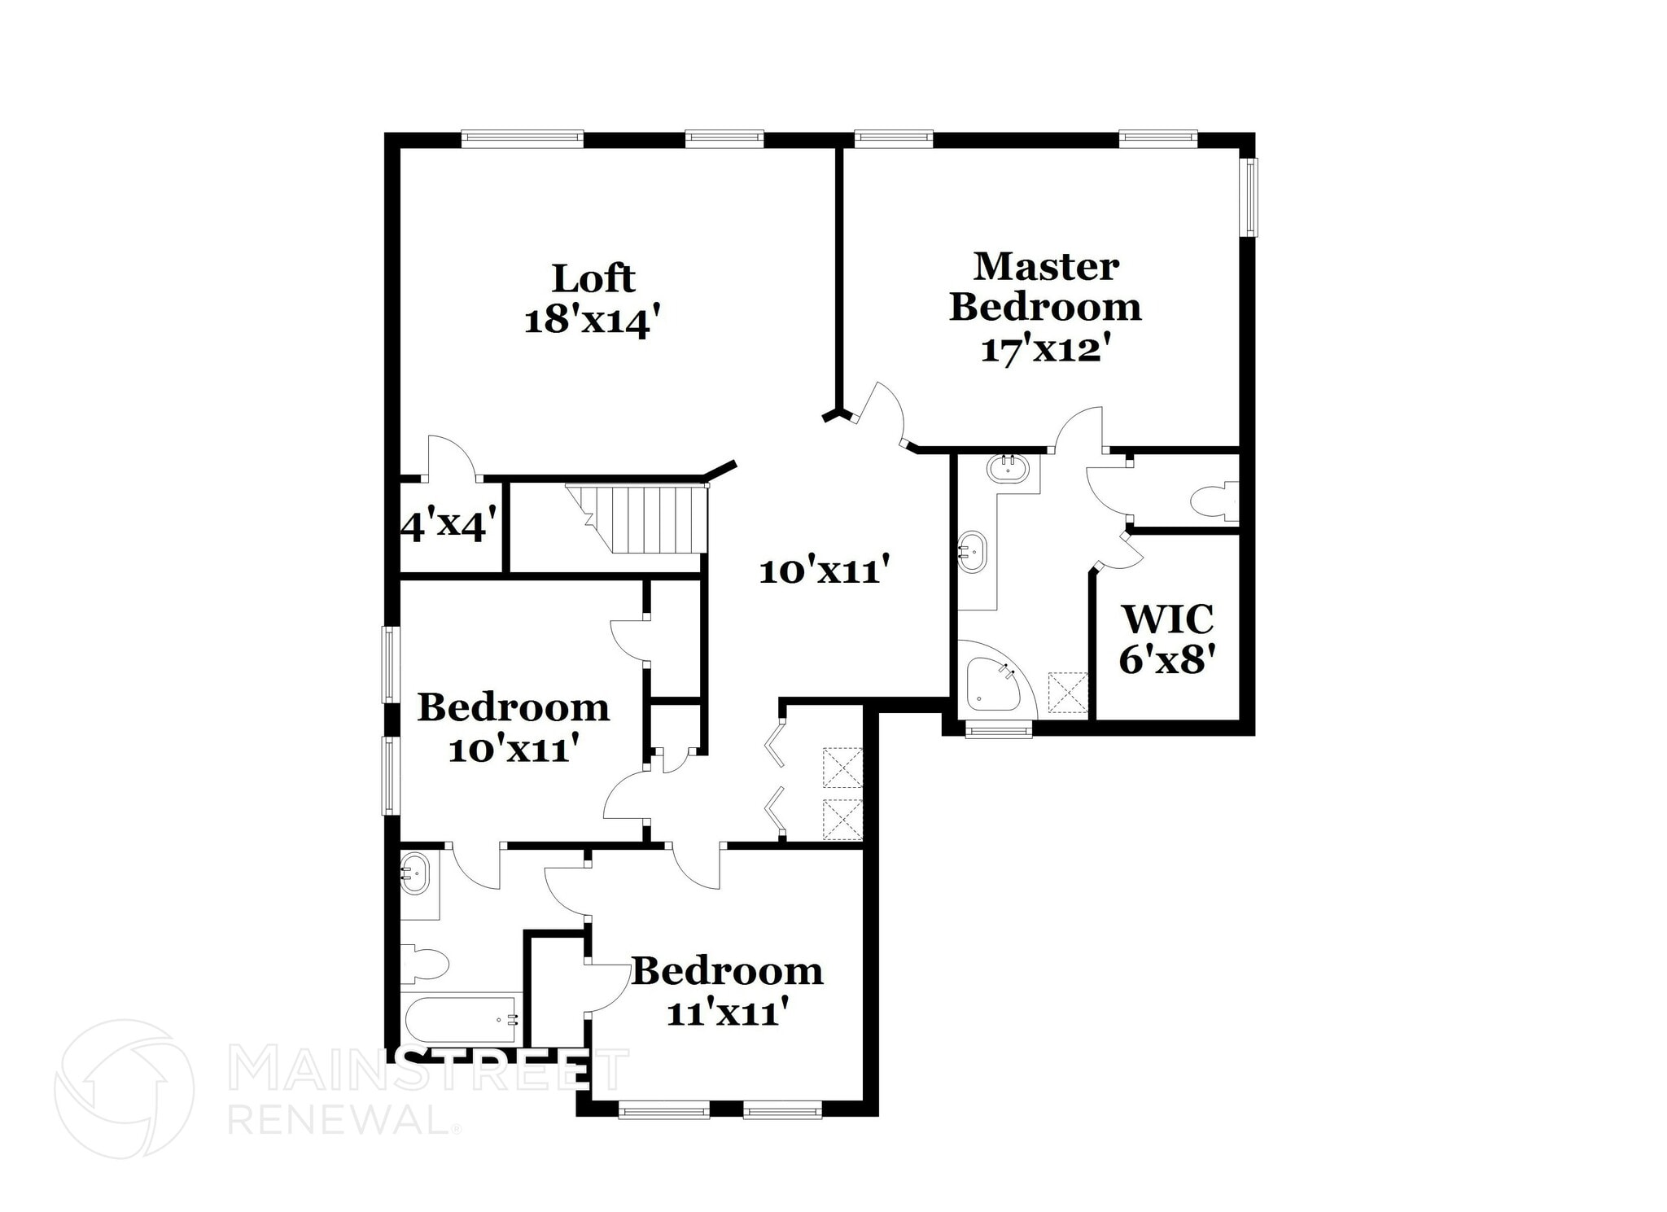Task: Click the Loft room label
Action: [593, 278]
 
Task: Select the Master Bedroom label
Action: [1045, 287]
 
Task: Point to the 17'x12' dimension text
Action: [1045, 350]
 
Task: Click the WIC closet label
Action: [1168, 619]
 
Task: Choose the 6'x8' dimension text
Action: [1167, 660]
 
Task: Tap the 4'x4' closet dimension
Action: [448, 527]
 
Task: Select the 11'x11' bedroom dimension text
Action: [727, 1013]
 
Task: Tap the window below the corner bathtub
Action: [998, 731]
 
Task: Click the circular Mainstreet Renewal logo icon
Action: [124, 1088]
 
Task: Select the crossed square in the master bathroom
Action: [1068, 691]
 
